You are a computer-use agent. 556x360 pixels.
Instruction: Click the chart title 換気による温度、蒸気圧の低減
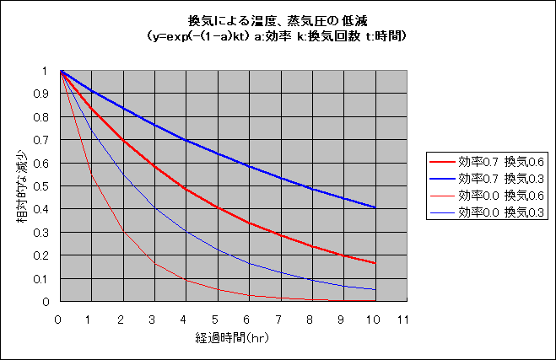[278, 19]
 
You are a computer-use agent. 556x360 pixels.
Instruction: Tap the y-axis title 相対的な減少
[19, 185]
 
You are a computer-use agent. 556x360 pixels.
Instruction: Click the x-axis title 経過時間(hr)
[230, 337]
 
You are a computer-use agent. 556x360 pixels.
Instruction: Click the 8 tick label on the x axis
[310, 320]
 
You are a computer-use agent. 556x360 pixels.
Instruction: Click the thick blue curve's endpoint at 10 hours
[374, 207]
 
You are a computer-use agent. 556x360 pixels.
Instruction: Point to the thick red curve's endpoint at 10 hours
[374, 263]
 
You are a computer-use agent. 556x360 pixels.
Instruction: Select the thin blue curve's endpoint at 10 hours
[374, 290]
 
